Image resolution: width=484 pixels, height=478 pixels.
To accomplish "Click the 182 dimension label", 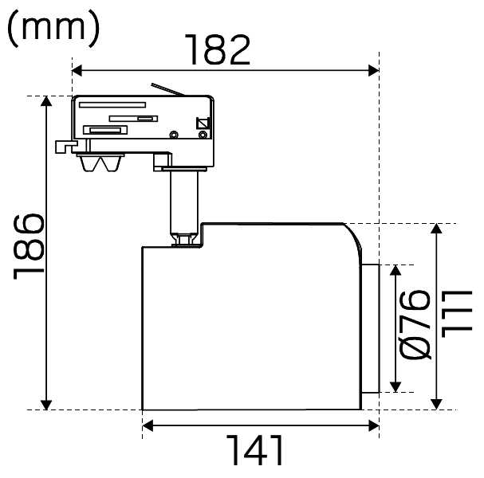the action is (x=218, y=49).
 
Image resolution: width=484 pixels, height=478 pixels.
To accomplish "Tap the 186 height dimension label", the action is (x=29, y=246).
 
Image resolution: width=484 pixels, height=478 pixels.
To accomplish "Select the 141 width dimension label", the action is (x=254, y=450).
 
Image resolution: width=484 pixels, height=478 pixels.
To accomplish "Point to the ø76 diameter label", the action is (x=415, y=325).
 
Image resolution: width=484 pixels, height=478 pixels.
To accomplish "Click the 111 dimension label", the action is (x=457, y=314).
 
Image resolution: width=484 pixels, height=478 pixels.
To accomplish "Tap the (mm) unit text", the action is (x=53, y=29).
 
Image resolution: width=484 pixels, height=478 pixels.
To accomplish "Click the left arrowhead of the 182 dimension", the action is (x=77, y=71).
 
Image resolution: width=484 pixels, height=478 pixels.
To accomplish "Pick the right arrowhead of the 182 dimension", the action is (x=374, y=71).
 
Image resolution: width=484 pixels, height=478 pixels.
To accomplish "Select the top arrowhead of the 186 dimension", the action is (x=46, y=101).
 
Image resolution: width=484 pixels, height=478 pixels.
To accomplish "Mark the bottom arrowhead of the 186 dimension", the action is (x=46, y=405).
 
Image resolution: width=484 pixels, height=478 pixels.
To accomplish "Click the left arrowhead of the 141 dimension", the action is (x=148, y=426).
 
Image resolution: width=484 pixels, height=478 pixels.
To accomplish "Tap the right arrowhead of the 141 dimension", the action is (x=374, y=426).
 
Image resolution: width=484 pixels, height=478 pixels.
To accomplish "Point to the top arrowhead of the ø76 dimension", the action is (x=395, y=270).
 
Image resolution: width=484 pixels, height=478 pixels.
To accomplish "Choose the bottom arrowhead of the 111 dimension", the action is (x=436, y=404).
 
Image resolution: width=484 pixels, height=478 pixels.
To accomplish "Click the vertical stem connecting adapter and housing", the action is (x=184, y=202).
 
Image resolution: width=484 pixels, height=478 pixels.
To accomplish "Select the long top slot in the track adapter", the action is (x=112, y=105).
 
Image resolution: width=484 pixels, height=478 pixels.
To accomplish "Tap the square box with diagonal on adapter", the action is (x=203, y=123).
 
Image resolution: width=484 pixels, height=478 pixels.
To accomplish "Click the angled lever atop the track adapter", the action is (x=167, y=89).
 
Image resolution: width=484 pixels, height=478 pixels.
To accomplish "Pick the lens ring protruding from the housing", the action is (x=370, y=328).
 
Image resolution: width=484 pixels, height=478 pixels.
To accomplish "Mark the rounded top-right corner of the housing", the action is (x=356, y=236).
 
